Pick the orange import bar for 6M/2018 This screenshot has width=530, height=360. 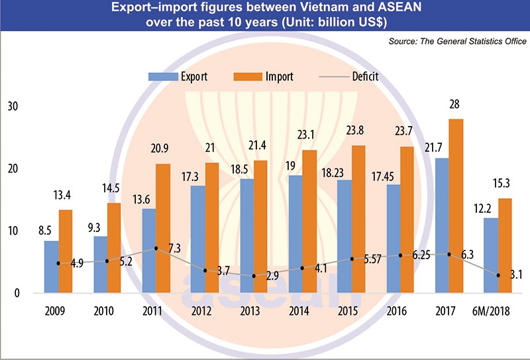[505, 245]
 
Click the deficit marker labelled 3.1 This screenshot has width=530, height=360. [499, 274]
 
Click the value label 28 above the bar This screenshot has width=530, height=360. [454, 105]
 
